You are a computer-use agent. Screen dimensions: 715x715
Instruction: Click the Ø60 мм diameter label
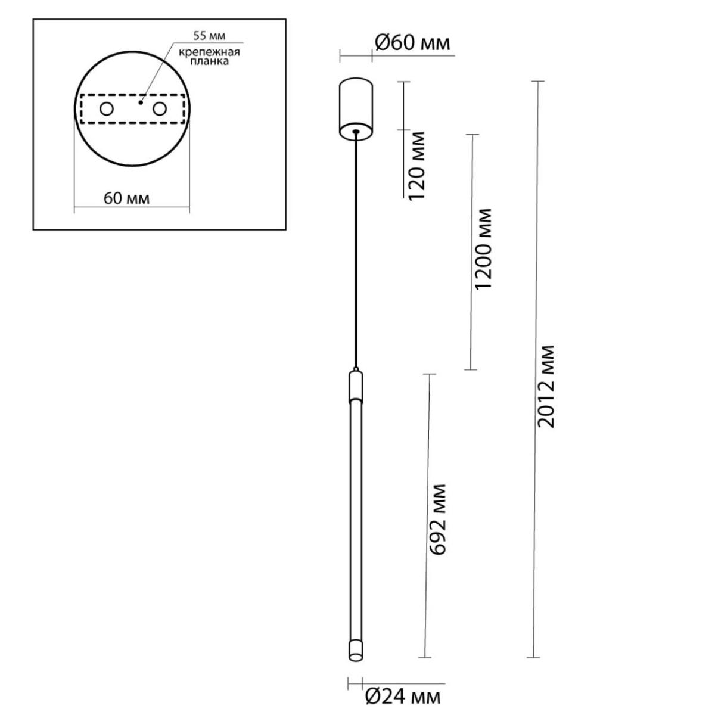point(412,43)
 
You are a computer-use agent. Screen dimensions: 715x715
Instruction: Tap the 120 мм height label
point(416,166)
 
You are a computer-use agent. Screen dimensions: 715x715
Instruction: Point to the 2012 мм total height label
point(546,387)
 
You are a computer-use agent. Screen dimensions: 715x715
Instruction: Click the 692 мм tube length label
point(437,520)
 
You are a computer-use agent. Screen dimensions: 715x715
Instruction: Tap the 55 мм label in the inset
point(209,36)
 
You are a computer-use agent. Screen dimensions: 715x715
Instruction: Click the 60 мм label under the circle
point(126,199)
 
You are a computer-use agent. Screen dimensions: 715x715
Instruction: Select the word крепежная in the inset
point(209,52)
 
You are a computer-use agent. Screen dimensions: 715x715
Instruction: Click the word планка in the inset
point(209,61)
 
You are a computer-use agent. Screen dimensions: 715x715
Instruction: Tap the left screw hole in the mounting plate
point(107,109)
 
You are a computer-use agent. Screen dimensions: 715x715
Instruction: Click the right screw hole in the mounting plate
point(160,109)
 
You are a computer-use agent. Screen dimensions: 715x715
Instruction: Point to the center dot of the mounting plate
point(140,102)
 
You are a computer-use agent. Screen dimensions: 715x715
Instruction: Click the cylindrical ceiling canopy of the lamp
point(356,109)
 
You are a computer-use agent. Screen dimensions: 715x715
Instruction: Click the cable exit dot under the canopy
point(356,131)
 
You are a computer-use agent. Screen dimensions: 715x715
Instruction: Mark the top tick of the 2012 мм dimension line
point(537,81)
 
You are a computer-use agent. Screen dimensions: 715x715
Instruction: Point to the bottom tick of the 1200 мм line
point(471,369)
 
